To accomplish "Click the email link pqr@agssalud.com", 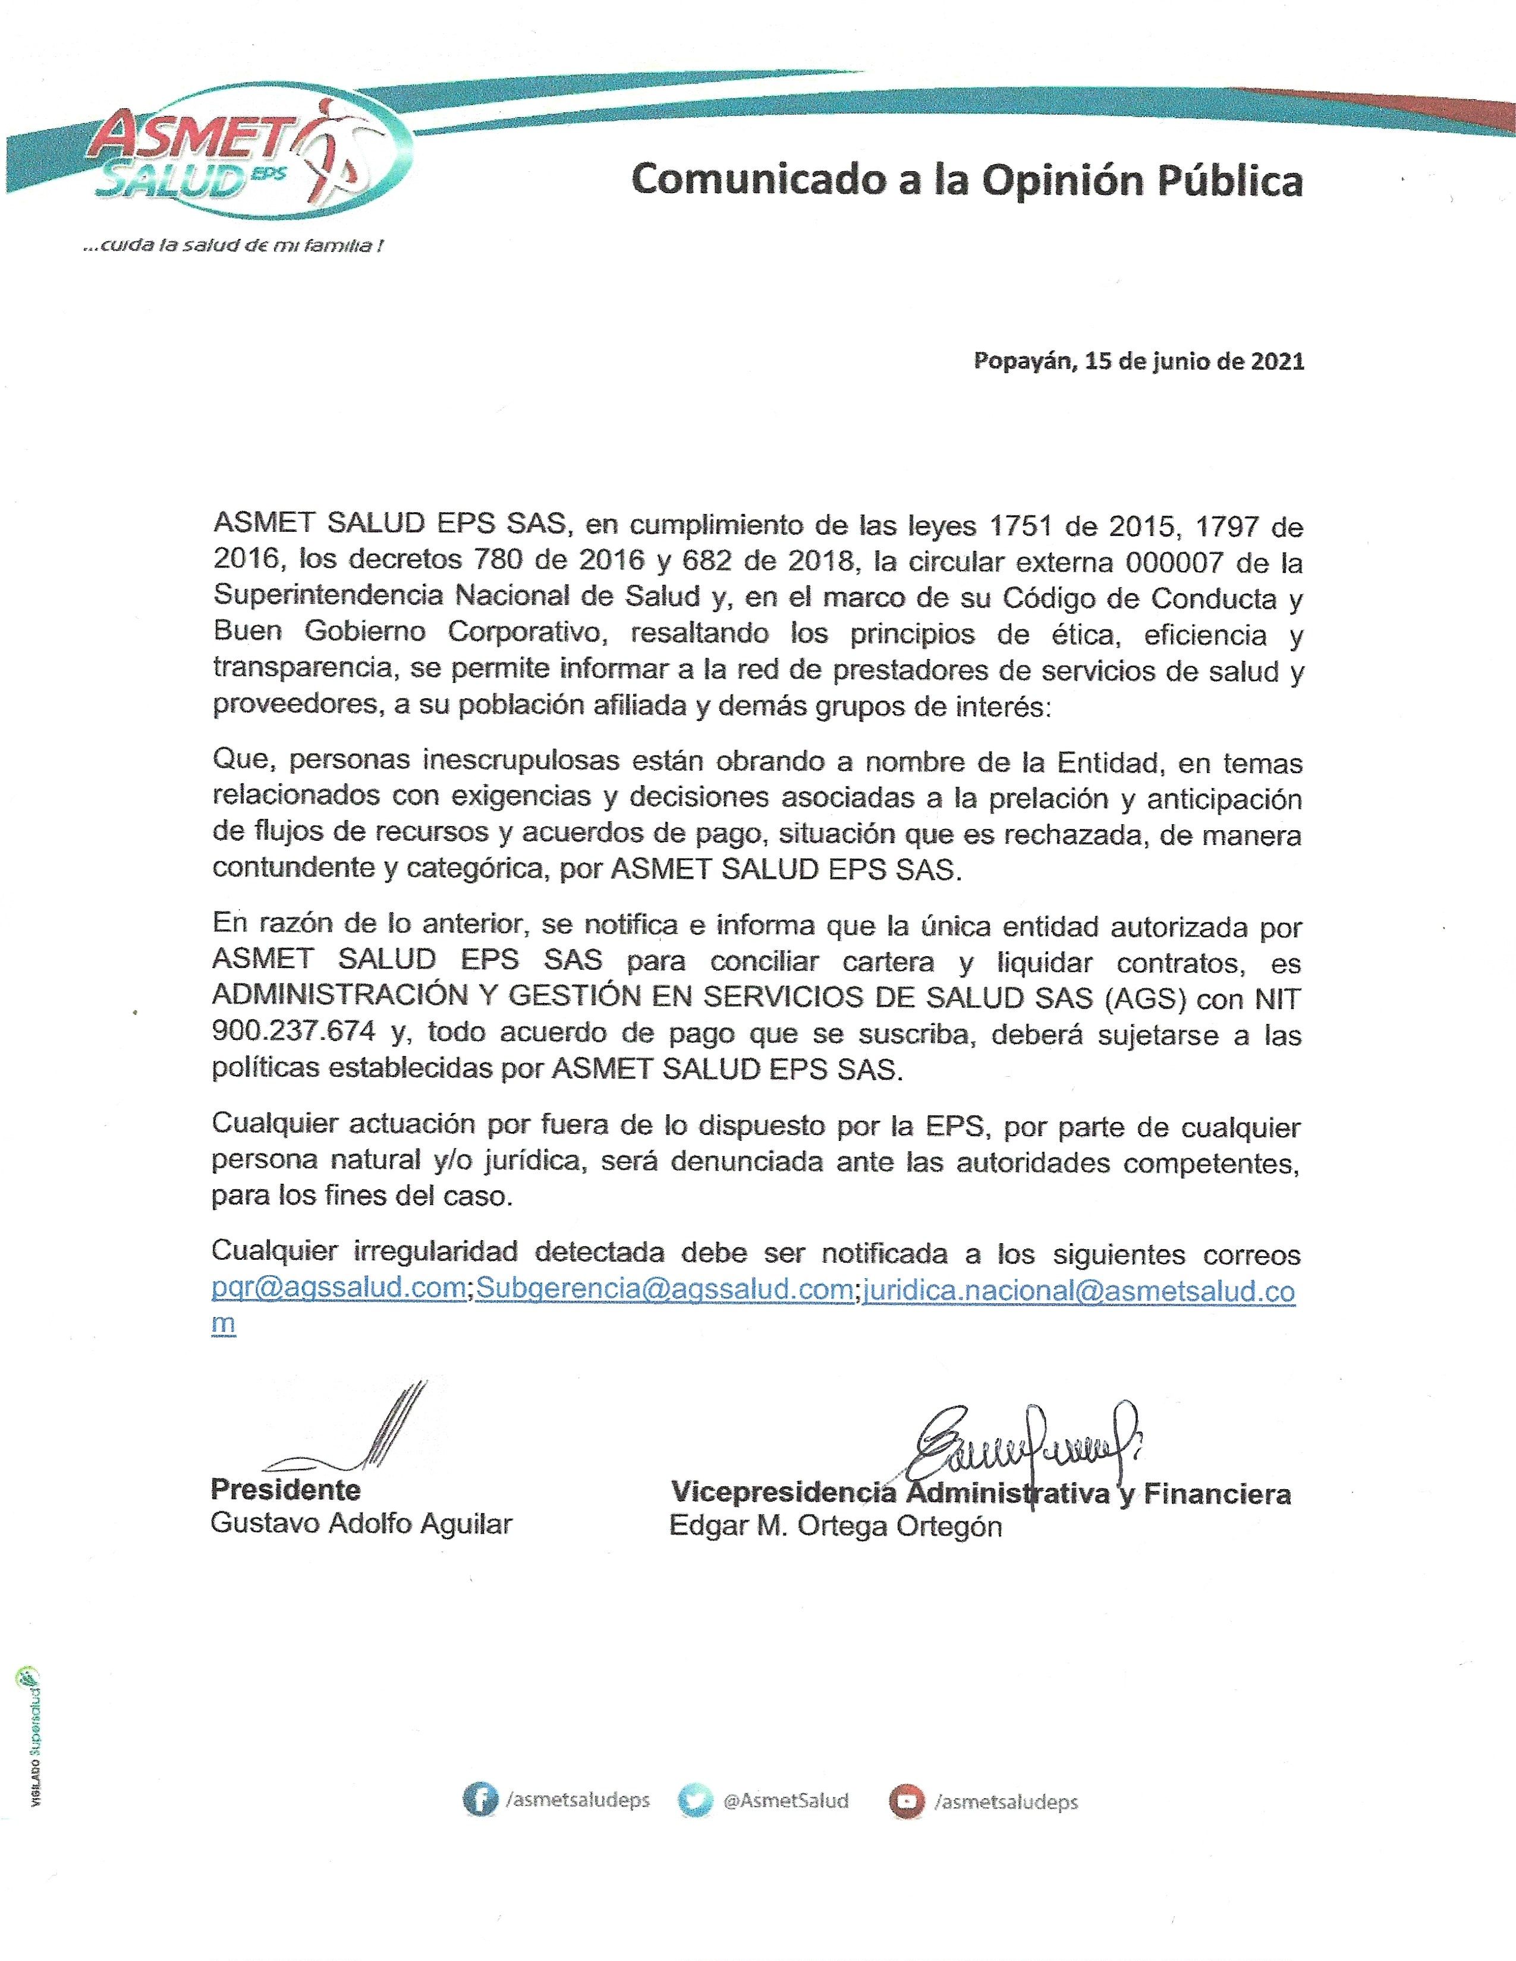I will coord(339,1288).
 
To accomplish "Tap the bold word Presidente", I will coord(285,1490).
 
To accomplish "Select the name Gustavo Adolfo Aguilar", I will coord(361,1524).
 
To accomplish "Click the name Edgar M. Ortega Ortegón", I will coord(835,1527).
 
